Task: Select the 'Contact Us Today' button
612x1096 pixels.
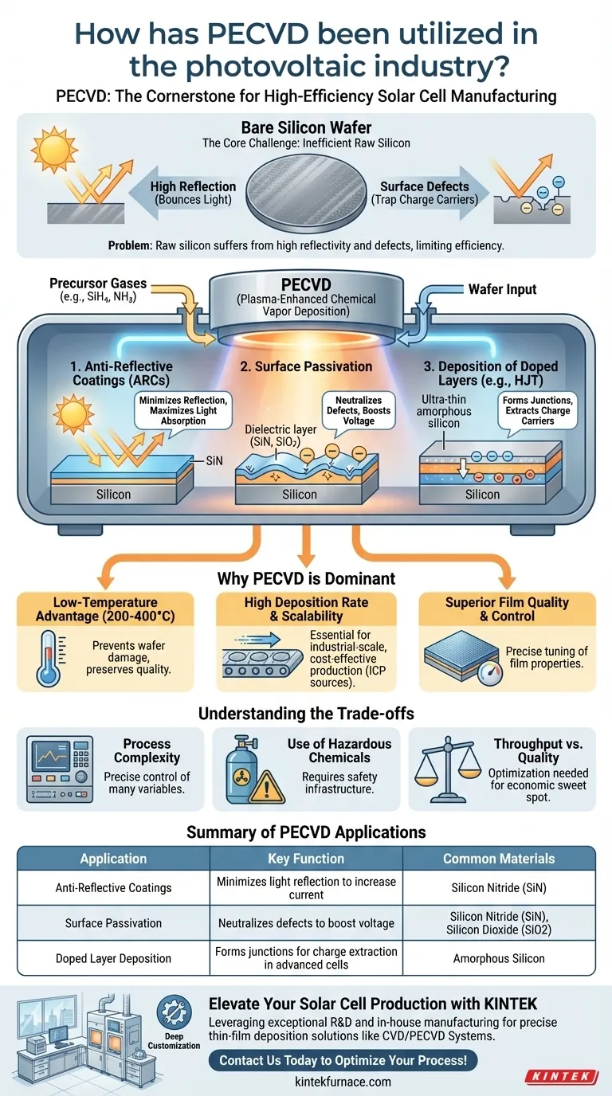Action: (343, 1060)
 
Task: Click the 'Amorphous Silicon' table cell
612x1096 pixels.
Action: (499, 958)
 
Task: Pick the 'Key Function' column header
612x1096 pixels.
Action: (306, 859)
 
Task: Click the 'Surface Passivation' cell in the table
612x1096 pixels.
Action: (113, 923)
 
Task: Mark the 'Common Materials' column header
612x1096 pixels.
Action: (499, 859)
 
